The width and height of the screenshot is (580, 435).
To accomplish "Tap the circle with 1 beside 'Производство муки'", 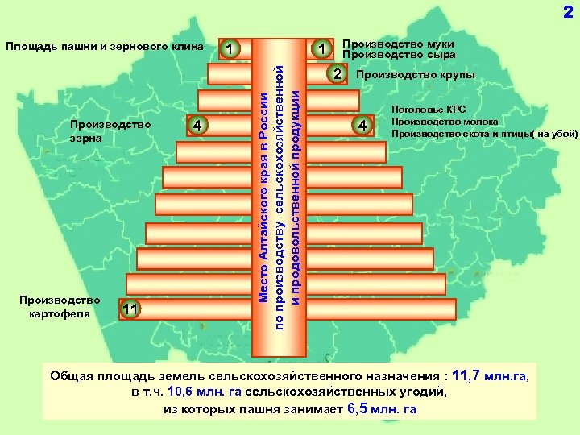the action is (x=322, y=49).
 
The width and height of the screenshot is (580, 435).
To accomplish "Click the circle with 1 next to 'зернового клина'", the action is (x=230, y=49).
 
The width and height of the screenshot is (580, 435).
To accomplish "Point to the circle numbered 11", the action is (x=131, y=309).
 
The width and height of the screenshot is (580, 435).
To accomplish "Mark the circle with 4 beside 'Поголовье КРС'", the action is (x=364, y=125).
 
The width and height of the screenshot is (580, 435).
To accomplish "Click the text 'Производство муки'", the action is (x=398, y=43).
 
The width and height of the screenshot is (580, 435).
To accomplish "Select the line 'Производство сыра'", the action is (x=398, y=55).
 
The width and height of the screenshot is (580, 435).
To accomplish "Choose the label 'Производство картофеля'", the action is (x=59, y=306).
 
